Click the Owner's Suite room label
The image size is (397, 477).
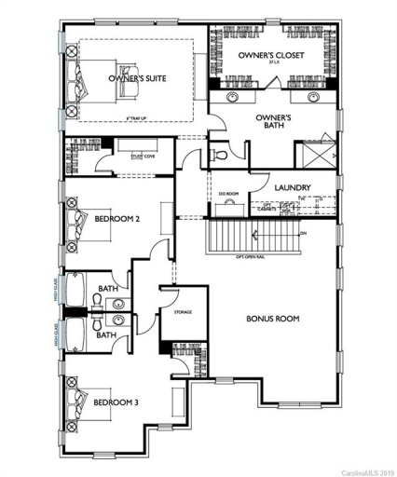tap(137, 79)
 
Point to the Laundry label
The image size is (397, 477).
tap(293, 187)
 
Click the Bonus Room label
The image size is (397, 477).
tap(272, 320)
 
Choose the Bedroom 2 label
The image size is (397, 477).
tap(118, 219)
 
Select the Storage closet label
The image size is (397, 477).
tap(182, 312)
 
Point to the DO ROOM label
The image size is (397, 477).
tap(228, 194)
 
